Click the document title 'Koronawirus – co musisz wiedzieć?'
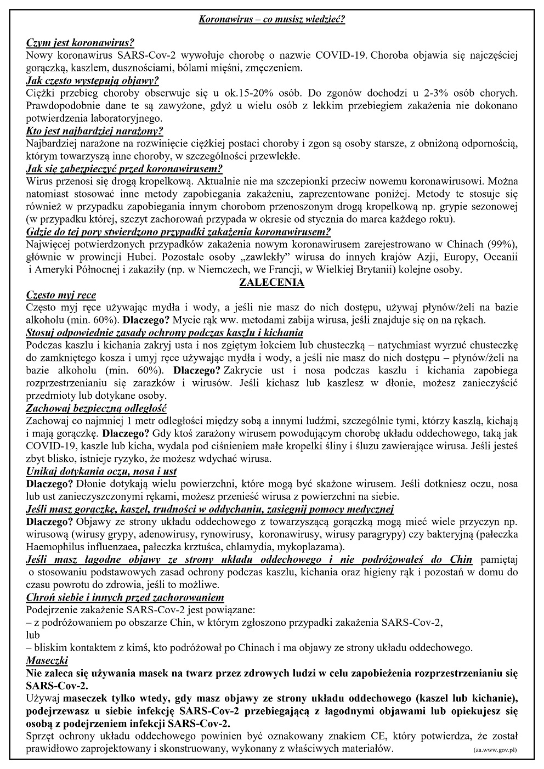[271, 20]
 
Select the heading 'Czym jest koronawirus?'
[80, 43]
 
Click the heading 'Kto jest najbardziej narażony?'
[94, 131]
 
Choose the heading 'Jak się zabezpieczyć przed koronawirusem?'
[124, 169]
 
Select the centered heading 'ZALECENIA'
[271, 283]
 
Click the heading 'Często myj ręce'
[61, 295]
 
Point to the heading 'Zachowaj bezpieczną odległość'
[97, 409]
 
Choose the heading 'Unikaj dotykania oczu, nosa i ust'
[101, 472]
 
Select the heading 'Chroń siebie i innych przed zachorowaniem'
[125, 597]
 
